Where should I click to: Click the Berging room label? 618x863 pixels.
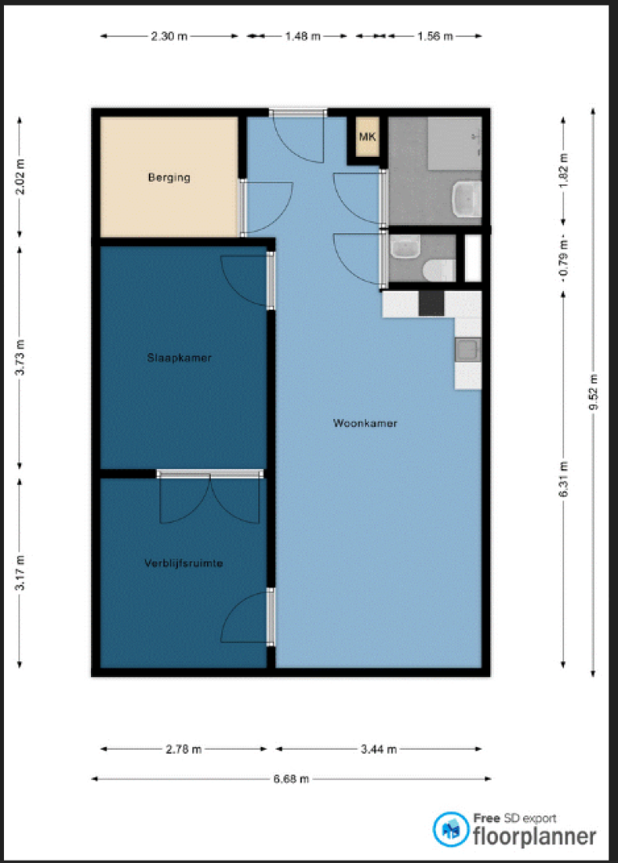click(x=169, y=177)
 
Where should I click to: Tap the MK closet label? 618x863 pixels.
click(x=368, y=137)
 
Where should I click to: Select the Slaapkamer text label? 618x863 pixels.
click(x=179, y=358)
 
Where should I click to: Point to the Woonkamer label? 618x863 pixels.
click(x=365, y=423)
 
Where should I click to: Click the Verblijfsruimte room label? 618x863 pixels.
click(x=183, y=563)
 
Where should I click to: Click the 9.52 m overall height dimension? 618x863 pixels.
click(x=593, y=392)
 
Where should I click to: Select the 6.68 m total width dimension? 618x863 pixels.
click(x=291, y=779)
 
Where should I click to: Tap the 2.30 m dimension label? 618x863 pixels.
click(x=169, y=36)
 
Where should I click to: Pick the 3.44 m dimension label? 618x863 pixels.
click(x=378, y=749)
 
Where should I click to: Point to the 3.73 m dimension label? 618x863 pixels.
click(x=20, y=357)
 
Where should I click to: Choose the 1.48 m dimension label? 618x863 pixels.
click(x=303, y=36)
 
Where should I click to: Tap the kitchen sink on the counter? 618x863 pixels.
click(x=468, y=350)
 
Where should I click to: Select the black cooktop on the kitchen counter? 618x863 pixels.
click(x=431, y=303)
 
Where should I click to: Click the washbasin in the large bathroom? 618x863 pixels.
click(x=467, y=199)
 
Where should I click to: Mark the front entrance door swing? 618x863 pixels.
click(x=298, y=138)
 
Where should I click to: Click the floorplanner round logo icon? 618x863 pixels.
click(x=451, y=829)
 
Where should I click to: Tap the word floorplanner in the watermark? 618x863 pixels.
click(x=534, y=836)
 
